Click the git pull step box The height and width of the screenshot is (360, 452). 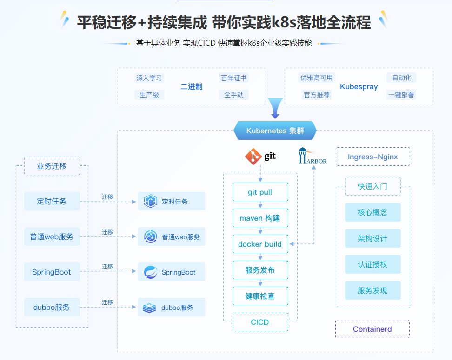(260, 192)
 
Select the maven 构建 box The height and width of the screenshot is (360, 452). (260, 218)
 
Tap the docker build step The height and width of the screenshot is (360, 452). (260, 244)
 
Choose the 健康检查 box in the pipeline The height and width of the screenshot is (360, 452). (260, 296)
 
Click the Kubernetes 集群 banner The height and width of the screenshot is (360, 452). (275, 131)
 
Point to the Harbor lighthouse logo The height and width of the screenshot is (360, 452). (303, 155)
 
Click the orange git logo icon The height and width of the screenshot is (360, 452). (253, 157)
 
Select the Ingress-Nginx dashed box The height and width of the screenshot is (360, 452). (372, 157)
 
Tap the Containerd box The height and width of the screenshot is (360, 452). (372, 329)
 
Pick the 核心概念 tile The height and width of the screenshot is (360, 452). (372, 212)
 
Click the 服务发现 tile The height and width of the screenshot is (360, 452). (372, 290)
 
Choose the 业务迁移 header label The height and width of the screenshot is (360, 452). (52, 166)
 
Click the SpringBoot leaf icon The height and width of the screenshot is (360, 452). (150, 272)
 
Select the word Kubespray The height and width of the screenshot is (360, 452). (359, 87)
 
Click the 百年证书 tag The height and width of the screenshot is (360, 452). (234, 78)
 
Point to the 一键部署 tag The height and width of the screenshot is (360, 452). (401, 95)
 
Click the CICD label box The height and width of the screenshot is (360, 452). (260, 322)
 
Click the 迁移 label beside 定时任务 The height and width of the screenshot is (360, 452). (107, 196)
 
